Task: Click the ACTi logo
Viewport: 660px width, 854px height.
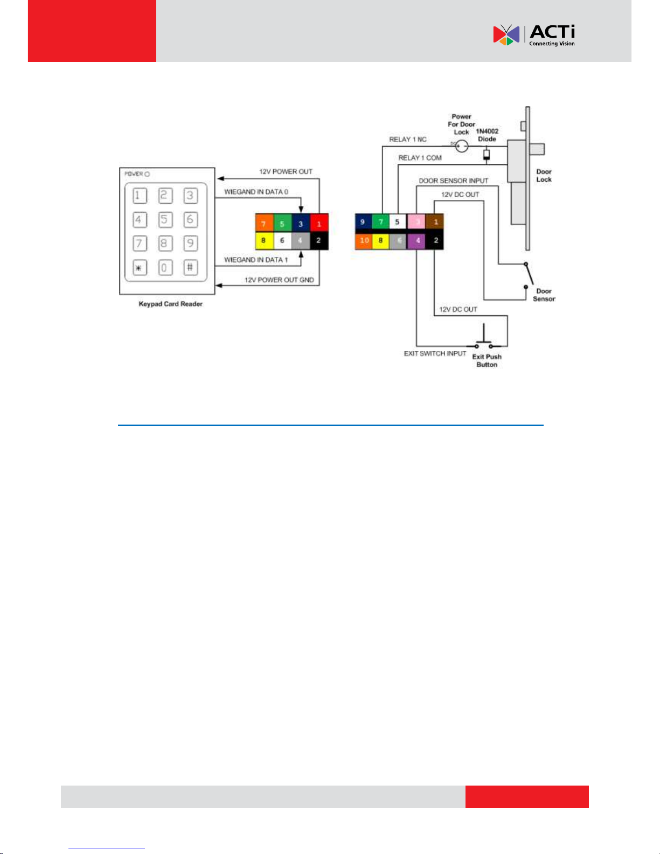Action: (533, 35)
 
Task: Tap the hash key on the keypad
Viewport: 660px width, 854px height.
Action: (190, 267)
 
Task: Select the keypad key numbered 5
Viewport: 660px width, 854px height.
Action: (165, 220)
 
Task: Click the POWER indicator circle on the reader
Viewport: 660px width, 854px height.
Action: (147, 174)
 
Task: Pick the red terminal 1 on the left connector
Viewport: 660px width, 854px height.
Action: (319, 224)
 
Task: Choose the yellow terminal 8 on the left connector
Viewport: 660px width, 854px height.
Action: (263, 240)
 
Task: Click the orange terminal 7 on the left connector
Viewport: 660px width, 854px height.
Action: (263, 224)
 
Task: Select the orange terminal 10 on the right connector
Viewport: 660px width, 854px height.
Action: (364, 240)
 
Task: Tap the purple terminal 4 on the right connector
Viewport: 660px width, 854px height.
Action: (418, 240)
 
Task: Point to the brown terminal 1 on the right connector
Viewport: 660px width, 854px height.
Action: (435, 221)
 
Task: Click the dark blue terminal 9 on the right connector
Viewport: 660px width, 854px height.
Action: (363, 221)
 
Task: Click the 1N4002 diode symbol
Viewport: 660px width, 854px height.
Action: (487, 155)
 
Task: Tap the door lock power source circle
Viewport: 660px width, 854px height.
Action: (462, 145)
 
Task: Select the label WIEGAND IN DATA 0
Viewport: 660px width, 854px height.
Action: (256, 192)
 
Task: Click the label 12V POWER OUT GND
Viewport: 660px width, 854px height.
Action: (279, 280)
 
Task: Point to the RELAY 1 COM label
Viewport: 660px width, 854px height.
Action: (420, 158)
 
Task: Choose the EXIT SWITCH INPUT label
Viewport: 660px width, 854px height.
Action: (435, 353)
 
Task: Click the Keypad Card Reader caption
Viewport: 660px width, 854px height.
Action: (170, 304)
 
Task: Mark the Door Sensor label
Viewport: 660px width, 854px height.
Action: (544, 295)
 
